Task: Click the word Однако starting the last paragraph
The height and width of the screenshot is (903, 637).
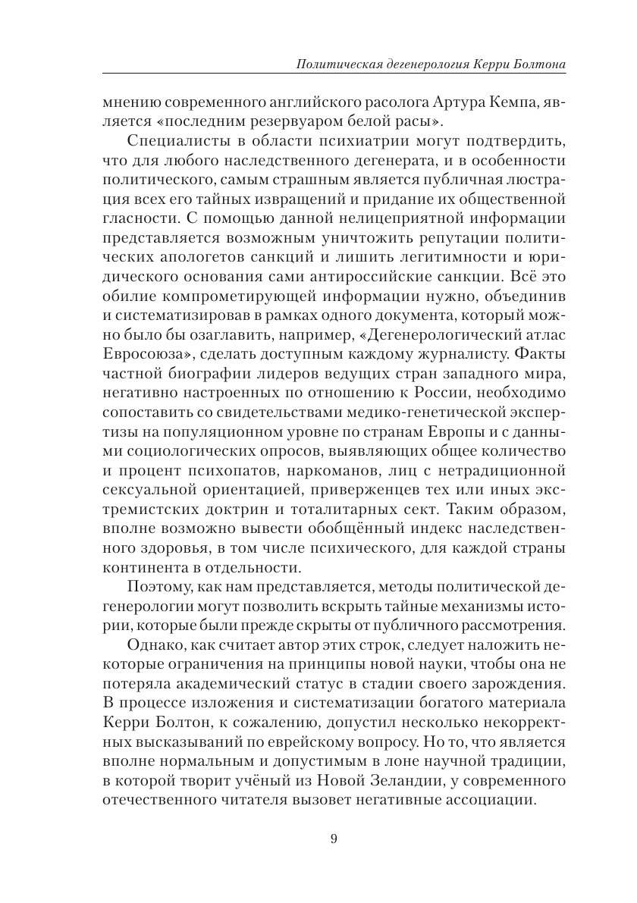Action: [151, 644]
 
